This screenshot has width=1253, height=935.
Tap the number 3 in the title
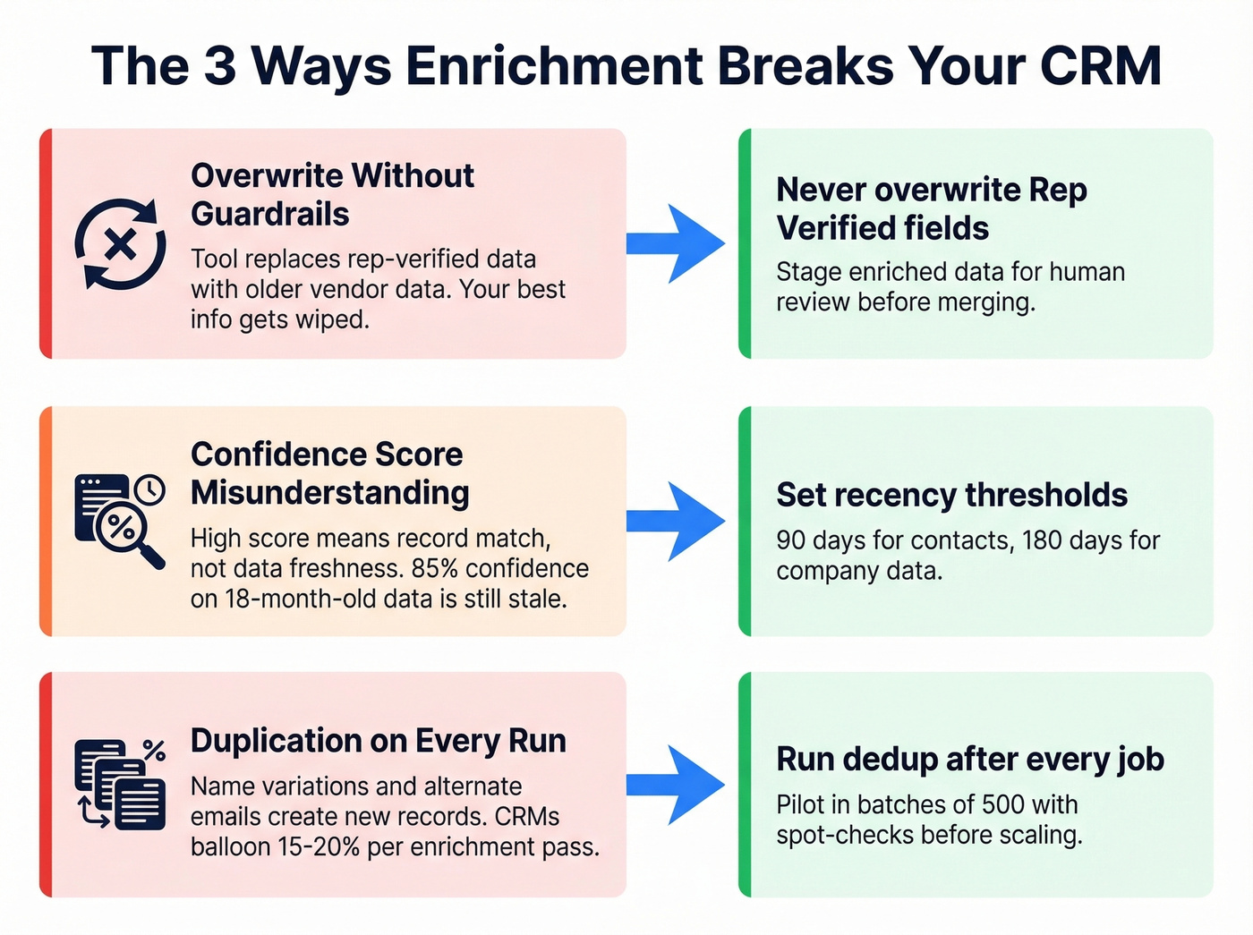(219, 65)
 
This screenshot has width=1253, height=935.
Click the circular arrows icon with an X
(120, 243)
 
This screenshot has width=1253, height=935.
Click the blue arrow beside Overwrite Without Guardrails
(675, 243)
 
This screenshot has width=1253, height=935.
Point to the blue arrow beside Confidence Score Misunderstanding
(675, 522)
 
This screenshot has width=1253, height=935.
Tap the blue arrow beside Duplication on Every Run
(675, 785)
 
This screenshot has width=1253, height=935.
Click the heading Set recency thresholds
(951, 495)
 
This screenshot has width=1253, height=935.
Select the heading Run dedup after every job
(970, 759)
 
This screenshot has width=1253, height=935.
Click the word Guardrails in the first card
(270, 215)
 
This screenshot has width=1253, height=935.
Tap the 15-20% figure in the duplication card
(320, 846)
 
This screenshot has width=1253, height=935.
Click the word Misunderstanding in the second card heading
(330, 493)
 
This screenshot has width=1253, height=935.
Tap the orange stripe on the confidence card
(46, 522)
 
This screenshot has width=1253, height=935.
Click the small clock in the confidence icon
(149, 489)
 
